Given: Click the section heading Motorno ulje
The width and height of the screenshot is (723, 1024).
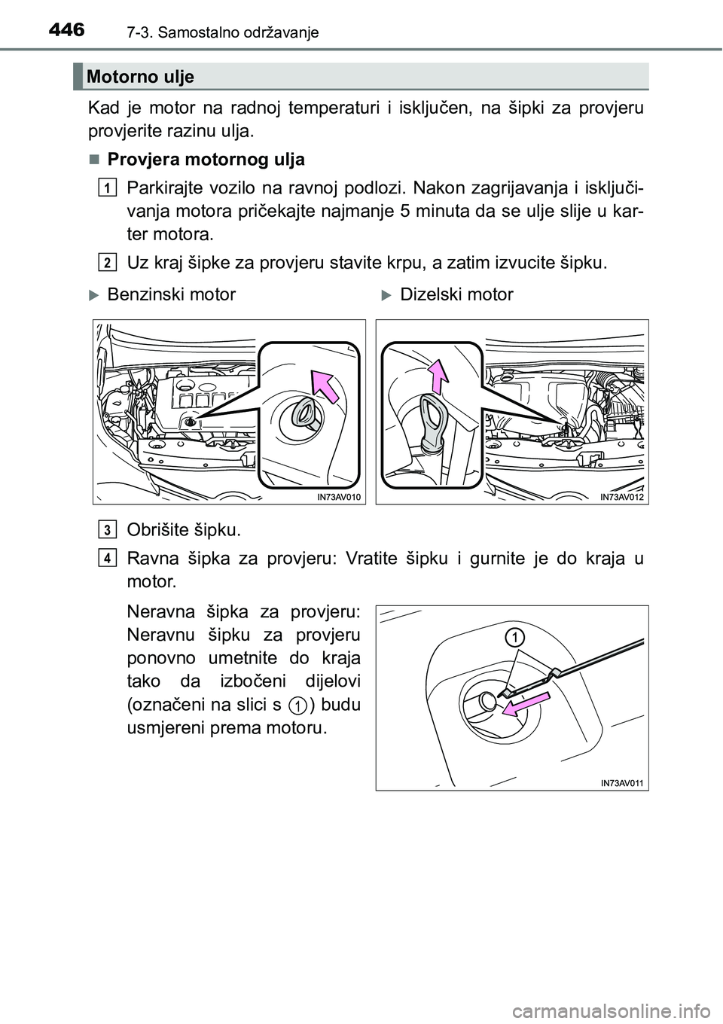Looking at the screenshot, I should pyautogui.click(x=140, y=76).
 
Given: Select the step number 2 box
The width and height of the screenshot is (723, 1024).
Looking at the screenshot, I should pyautogui.click(x=108, y=261).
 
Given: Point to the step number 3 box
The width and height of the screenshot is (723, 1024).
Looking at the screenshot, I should pyautogui.click(x=108, y=530).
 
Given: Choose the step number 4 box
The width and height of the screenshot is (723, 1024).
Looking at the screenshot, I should pyautogui.click(x=108, y=557).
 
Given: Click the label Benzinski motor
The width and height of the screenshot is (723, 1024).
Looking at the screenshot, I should pyautogui.click(x=171, y=294).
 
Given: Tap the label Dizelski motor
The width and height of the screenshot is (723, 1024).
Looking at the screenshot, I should pyautogui.click(x=456, y=294).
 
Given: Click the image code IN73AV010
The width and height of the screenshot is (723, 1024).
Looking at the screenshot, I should pyautogui.click(x=334, y=496).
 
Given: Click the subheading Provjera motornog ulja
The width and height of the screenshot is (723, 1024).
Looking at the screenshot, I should pyautogui.click(x=206, y=160).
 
